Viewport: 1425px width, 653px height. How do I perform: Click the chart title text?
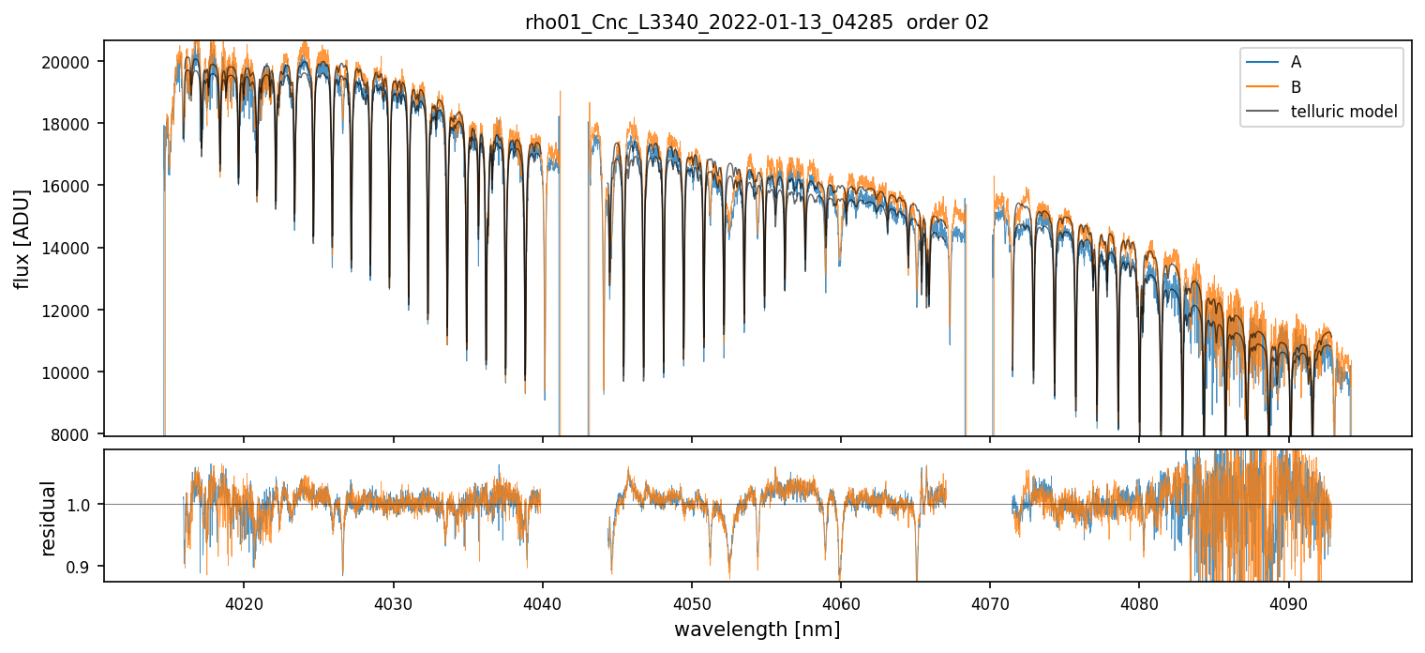coord(757,23)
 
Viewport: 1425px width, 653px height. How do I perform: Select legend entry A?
coord(1296,63)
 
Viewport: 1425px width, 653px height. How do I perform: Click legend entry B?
coord(1296,87)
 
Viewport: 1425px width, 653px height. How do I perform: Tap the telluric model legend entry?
coord(1343,112)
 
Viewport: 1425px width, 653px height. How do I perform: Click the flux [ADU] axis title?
coord(22,238)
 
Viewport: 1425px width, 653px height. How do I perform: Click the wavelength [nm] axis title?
coord(757,630)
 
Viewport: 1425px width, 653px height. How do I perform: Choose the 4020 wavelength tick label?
coord(244,601)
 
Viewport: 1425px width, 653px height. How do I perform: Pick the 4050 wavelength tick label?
coord(691,601)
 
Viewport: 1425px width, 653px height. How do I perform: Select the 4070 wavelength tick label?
coord(990,601)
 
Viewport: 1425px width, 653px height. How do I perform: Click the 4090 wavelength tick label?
coord(1288,601)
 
